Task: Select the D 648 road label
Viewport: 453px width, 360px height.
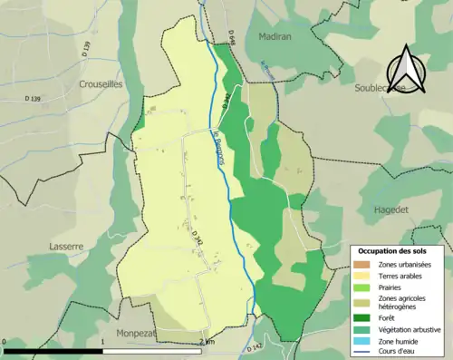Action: [233, 37]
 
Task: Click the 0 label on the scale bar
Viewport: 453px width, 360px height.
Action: [5, 342]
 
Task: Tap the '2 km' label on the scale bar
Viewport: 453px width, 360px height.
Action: [207, 342]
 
